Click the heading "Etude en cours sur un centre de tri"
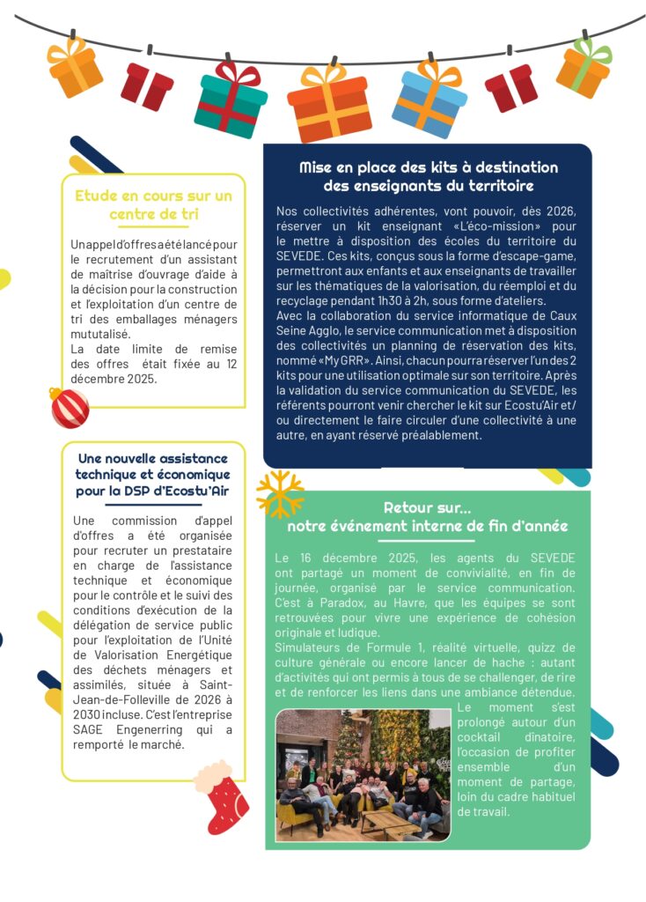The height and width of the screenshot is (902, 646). (154, 204)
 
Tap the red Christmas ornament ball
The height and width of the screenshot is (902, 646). (69, 408)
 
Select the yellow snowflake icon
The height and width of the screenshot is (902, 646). (279, 494)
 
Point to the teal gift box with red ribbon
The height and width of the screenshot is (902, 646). (231, 99)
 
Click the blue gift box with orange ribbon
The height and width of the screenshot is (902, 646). (429, 99)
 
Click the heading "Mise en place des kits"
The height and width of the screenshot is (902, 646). (428, 176)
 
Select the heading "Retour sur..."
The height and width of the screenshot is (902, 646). (427, 517)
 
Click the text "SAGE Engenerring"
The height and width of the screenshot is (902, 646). (119, 730)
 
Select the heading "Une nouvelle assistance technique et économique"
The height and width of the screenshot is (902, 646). (153, 474)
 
